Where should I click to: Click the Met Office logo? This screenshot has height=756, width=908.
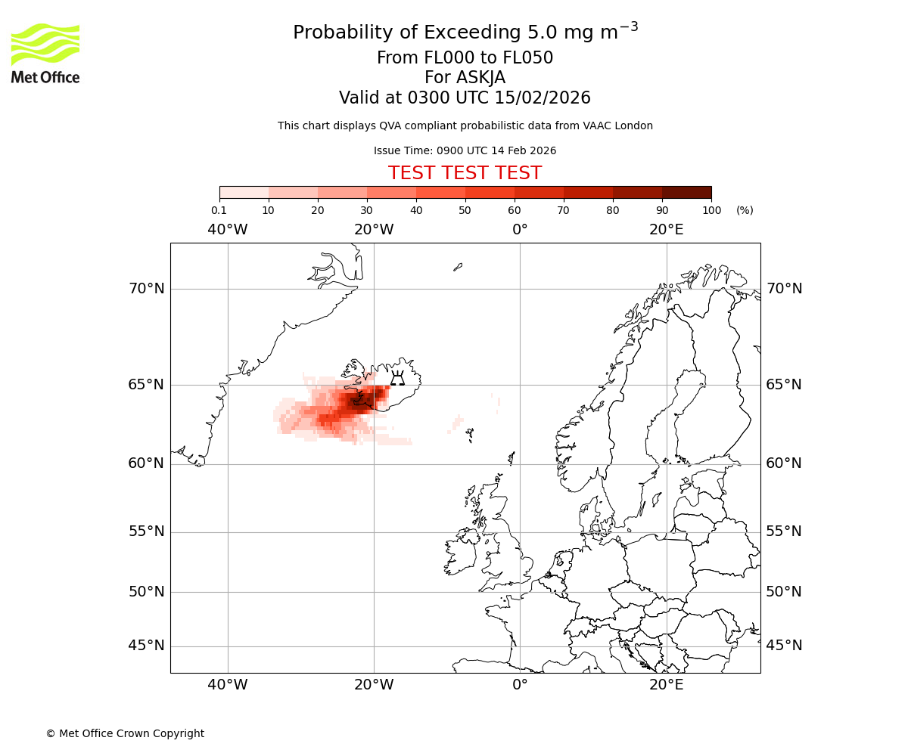coord(45,53)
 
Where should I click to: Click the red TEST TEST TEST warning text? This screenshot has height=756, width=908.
coord(465,173)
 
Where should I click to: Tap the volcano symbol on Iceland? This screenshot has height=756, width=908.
coord(397,378)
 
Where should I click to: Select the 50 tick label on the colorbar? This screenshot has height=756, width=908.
coord(465,210)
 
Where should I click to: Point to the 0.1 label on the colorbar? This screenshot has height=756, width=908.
coord(219,210)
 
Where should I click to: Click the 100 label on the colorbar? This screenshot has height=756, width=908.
coord(711,210)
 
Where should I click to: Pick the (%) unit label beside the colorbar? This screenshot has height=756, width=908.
coord(745,210)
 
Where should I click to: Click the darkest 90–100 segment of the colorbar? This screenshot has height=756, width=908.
coord(686,192)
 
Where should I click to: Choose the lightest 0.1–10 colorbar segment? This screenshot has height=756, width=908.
coord(244,192)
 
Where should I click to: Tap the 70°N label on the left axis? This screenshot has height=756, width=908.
coord(146,289)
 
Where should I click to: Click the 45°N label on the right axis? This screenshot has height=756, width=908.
coord(784,646)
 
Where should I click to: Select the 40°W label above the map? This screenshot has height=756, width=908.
coord(227,230)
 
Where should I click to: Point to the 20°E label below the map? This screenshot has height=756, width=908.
coord(666,685)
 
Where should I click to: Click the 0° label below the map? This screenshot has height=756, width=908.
coord(520,685)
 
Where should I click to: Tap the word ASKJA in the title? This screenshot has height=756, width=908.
coord(484,78)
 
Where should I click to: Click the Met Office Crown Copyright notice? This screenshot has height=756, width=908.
coord(125,733)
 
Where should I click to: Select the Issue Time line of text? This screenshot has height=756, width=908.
coord(465,150)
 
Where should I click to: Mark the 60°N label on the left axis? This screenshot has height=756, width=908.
coord(146,463)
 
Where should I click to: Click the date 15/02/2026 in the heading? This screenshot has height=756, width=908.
coord(543,98)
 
